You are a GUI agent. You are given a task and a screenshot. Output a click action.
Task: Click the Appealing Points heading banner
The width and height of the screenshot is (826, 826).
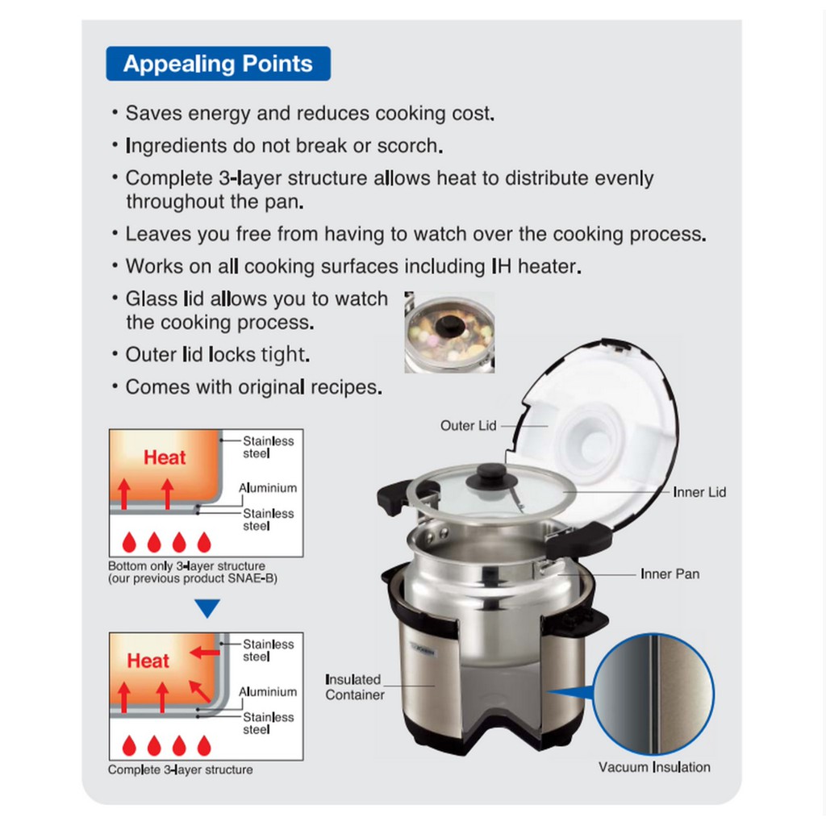pos(218,64)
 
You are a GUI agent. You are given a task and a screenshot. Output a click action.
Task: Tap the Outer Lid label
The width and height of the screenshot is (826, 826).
pos(469,426)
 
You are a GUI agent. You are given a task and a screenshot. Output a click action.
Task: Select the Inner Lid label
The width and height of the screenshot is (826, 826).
pos(699,492)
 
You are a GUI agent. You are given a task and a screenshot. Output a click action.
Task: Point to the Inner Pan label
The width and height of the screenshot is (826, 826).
pos(670,574)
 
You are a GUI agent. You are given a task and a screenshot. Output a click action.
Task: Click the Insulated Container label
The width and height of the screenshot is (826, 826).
pos(355,687)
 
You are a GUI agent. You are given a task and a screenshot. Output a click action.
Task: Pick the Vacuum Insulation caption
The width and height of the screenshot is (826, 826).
pos(654,767)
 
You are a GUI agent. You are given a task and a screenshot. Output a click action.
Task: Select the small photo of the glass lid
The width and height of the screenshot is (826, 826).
pos(449,332)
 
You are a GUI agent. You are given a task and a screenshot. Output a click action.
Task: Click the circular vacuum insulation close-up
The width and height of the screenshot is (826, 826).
pos(653,693)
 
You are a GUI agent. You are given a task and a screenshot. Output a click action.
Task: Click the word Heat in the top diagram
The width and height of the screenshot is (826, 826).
pos(165,457)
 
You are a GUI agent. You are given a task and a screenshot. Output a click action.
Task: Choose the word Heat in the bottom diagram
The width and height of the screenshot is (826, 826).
pos(148,661)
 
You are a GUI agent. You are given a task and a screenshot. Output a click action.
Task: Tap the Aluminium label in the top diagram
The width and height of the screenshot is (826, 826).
pos(268,488)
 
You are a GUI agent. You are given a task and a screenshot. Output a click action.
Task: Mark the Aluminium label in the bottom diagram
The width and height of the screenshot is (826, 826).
pos(268,691)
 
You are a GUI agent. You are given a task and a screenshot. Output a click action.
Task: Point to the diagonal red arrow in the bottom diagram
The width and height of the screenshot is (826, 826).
pos(200,691)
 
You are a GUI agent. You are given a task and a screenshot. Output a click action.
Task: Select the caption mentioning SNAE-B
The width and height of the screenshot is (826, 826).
pos(192,572)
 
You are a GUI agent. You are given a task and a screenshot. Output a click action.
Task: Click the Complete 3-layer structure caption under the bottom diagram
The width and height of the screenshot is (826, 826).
pos(180,770)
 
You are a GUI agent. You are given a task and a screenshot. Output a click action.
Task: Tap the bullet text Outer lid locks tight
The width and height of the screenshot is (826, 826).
pos(218,355)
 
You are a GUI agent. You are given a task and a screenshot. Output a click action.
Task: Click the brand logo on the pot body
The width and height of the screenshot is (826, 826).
pos(423,650)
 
